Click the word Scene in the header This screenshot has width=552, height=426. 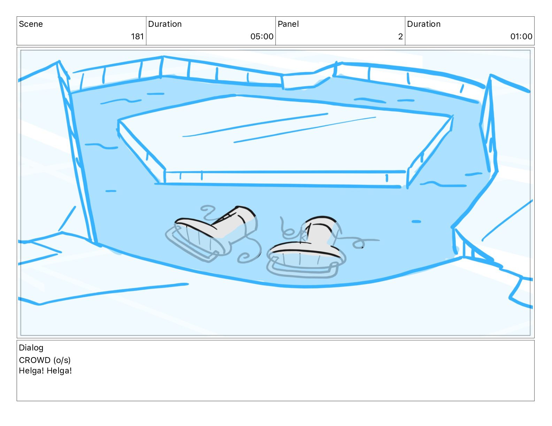point(31,24)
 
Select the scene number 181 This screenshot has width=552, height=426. point(137,37)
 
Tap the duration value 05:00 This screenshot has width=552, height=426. point(262,37)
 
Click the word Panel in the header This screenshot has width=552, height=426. point(288,24)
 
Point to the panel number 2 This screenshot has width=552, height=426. point(400,37)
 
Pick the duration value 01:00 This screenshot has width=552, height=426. point(521,37)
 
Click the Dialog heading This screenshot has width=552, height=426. point(31,348)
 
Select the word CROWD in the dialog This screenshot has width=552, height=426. point(34,360)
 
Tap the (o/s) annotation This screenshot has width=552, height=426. point(62,361)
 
